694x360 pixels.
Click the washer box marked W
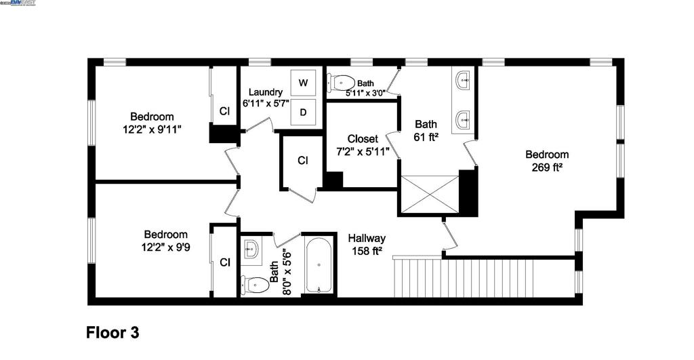(304, 83)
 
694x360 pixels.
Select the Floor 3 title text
(113, 333)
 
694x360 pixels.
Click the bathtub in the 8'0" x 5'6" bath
(319, 264)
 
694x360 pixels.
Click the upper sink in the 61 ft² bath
(464, 83)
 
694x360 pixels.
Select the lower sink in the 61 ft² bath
(464, 120)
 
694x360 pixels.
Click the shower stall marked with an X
(430, 195)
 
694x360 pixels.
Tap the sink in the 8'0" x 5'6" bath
(250, 249)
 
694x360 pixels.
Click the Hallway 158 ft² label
(367, 244)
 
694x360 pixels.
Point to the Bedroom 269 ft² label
(547, 160)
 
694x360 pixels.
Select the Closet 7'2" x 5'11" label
(363, 145)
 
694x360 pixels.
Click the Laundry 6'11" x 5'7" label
(266, 98)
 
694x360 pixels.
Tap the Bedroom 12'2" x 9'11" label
(152, 122)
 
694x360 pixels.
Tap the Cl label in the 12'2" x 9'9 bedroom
(224, 262)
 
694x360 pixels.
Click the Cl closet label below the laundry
(304, 161)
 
